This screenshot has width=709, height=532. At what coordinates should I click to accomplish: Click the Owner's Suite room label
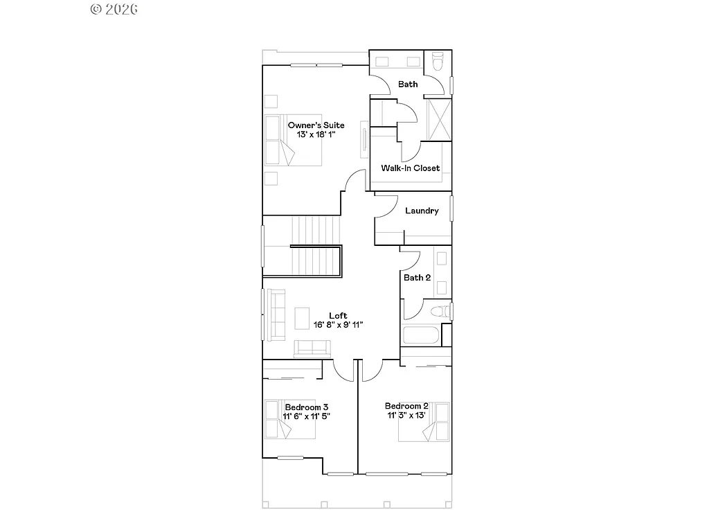316,125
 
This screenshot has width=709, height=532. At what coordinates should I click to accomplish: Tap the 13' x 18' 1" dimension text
316,134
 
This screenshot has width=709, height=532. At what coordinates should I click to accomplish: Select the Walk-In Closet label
410,168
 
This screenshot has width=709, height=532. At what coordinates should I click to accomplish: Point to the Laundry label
422,211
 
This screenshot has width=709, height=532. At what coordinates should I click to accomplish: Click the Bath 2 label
417,278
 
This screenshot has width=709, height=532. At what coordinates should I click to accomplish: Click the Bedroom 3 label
307,407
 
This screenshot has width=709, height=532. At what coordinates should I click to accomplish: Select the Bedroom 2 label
406,406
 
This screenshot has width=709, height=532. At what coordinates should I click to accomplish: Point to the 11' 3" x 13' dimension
406,416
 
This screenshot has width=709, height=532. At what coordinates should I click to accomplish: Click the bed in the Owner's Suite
294,140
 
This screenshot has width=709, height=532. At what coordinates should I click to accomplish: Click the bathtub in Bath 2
421,337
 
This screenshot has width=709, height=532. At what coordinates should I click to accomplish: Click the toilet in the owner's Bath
437,62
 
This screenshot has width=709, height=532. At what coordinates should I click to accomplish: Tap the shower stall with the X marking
438,121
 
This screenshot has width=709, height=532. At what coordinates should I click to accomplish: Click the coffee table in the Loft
303,318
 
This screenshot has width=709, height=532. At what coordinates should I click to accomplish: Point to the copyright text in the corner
114,9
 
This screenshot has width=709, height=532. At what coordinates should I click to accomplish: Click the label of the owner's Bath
408,85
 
